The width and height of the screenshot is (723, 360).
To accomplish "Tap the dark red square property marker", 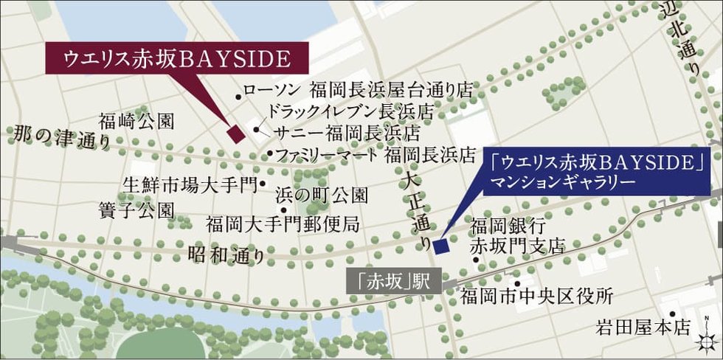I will [x=235, y=134].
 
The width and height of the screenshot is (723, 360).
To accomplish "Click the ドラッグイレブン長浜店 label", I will [x=350, y=111].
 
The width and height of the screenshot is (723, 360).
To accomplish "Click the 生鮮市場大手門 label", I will [x=189, y=183].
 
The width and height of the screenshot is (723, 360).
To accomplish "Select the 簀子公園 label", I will [x=136, y=210].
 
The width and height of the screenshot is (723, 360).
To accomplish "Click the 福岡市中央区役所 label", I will [x=536, y=297].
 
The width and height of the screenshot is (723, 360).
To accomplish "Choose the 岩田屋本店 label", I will [x=645, y=326].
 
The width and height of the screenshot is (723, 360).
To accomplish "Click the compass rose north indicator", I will [x=708, y=338].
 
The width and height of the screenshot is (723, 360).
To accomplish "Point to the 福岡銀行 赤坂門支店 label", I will [x=516, y=235].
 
